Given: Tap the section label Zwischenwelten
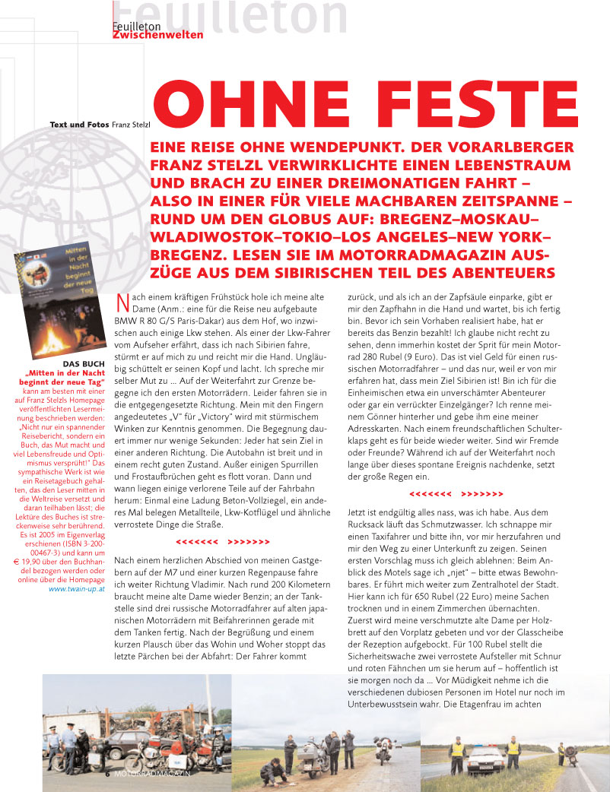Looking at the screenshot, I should click(157, 35).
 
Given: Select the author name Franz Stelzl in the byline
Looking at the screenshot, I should click(134, 124).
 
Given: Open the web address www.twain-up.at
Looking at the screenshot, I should click(77, 588).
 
